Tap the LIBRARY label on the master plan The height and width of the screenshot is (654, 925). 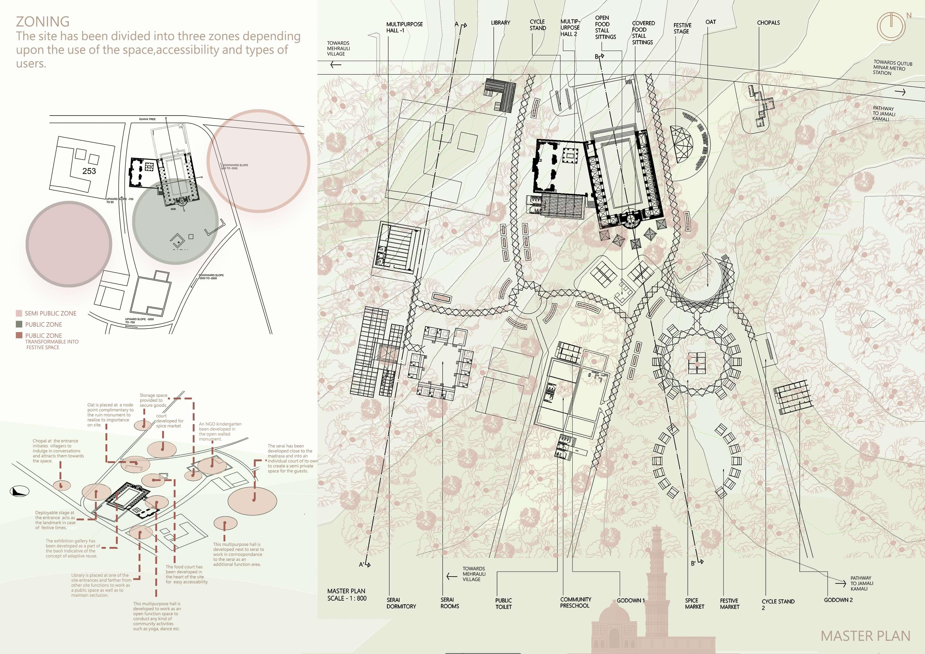[500, 23]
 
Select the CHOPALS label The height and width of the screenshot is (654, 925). [768, 23]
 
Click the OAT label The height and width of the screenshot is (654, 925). [711, 22]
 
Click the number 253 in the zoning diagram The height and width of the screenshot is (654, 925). [89, 171]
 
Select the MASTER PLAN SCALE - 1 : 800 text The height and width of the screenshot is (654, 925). [346, 594]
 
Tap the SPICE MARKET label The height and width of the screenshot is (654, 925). [695, 603]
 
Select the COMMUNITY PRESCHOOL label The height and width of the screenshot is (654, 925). [575, 602]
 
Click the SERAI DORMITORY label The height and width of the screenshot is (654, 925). [401, 603]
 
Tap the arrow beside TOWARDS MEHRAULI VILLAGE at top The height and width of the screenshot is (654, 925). [336, 64]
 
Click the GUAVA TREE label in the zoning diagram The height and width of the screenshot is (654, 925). [147, 119]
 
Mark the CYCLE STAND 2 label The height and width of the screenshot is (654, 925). [778, 604]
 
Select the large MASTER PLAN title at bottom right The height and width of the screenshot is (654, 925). [865, 636]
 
